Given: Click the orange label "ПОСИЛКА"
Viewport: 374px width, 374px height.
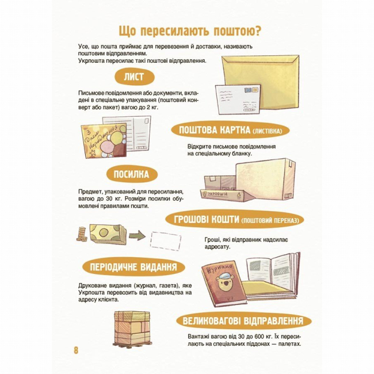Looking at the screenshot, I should pyautogui.click(x=132, y=175).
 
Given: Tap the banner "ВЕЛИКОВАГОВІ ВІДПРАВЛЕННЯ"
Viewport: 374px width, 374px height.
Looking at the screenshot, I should pyautogui.click(x=241, y=320).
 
